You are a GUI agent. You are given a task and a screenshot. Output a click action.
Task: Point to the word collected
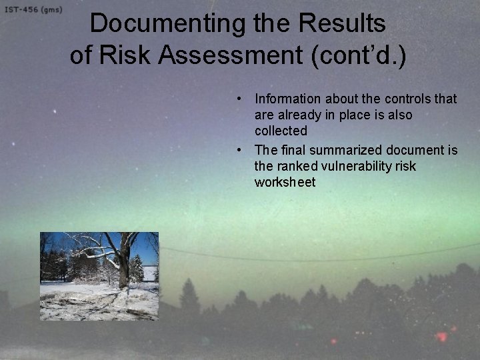point(281,131)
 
